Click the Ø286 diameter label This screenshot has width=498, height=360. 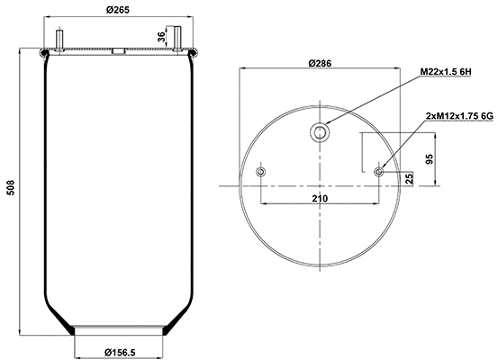(x=321, y=63)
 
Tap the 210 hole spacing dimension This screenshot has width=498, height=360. (x=320, y=197)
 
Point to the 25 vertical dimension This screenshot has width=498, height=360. (x=411, y=177)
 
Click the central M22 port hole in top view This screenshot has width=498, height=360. (x=321, y=133)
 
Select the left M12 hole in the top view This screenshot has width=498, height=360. (x=261, y=171)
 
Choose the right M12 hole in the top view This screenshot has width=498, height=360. (x=380, y=171)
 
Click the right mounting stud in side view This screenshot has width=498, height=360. (x=178, y=41)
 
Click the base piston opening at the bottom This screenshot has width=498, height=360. (x=119, y=330)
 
